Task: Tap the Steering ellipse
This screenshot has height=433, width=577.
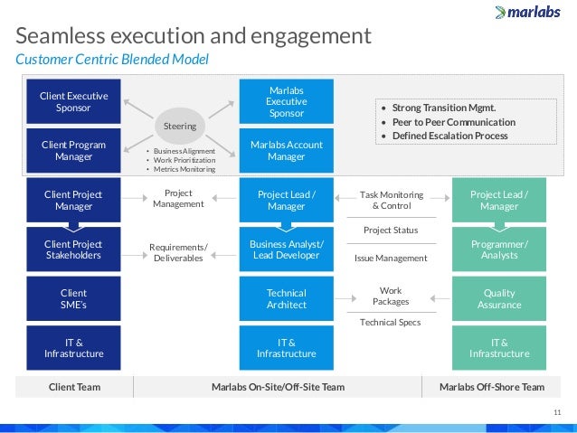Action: [x=179, y=123]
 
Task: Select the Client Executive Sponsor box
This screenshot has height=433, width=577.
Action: [x=73, y=102]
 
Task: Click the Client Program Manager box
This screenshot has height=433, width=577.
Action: [x=73, y=151]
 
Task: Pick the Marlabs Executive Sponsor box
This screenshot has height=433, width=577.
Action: [x=286, y=102]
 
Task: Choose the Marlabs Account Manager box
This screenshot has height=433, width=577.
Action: [x=286, y=151]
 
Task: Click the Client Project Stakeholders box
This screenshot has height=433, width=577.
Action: [x=73, y=249]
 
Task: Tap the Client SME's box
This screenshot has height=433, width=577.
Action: [x=73, y=299]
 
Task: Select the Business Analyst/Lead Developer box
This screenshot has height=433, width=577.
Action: [x=286, y=249]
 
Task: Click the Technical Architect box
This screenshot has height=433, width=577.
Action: [x=286, y=299]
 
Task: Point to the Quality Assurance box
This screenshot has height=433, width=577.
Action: [x=499, y=299]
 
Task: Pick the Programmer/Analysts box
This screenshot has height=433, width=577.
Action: [x=499, y=249]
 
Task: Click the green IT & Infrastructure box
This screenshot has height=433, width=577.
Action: [x=499, y=348]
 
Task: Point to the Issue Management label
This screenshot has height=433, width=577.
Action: [x=391, y=259]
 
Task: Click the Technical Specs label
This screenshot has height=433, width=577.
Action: [x=390, y=322]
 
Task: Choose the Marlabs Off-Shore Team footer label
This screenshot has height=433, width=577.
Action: [x=491, y=387]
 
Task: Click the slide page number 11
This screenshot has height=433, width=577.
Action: [x=556, y=411]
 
